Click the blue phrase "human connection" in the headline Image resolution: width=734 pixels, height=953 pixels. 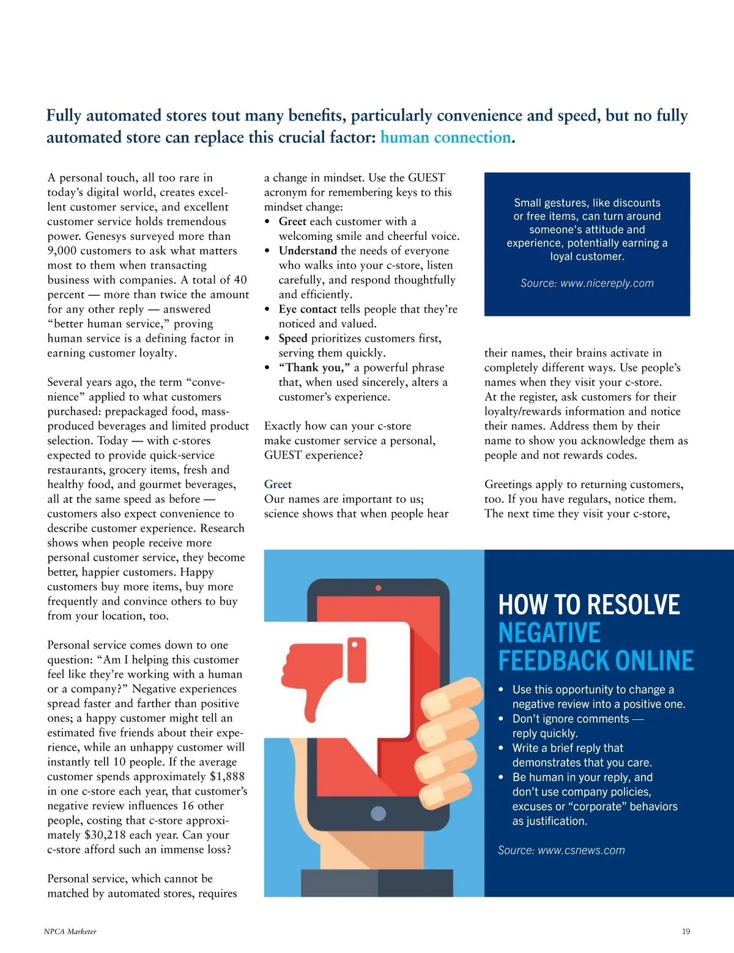[x=445, y=138]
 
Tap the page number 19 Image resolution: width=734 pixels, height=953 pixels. [x=686, y=932]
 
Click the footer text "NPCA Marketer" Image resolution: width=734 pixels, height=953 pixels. [x=70, y=932]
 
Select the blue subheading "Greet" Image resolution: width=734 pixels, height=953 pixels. [x=278, y=484]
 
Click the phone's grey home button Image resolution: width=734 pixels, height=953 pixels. [x=379, y=813]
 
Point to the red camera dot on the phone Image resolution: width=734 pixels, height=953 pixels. [x=378, y=588]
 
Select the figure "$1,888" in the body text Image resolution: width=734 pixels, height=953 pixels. [x=227, y=777]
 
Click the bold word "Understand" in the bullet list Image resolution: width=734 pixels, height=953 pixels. [x=308, y=251]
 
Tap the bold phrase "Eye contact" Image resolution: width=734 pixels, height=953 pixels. [x=308, y=310]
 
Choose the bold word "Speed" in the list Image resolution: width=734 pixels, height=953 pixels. [x=293, y=339]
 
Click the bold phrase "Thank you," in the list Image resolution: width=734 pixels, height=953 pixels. [x=314, y=368]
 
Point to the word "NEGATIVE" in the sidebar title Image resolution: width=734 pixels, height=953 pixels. [x=549, y=632]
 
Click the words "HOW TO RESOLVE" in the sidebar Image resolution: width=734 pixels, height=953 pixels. [x=588, y=604]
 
